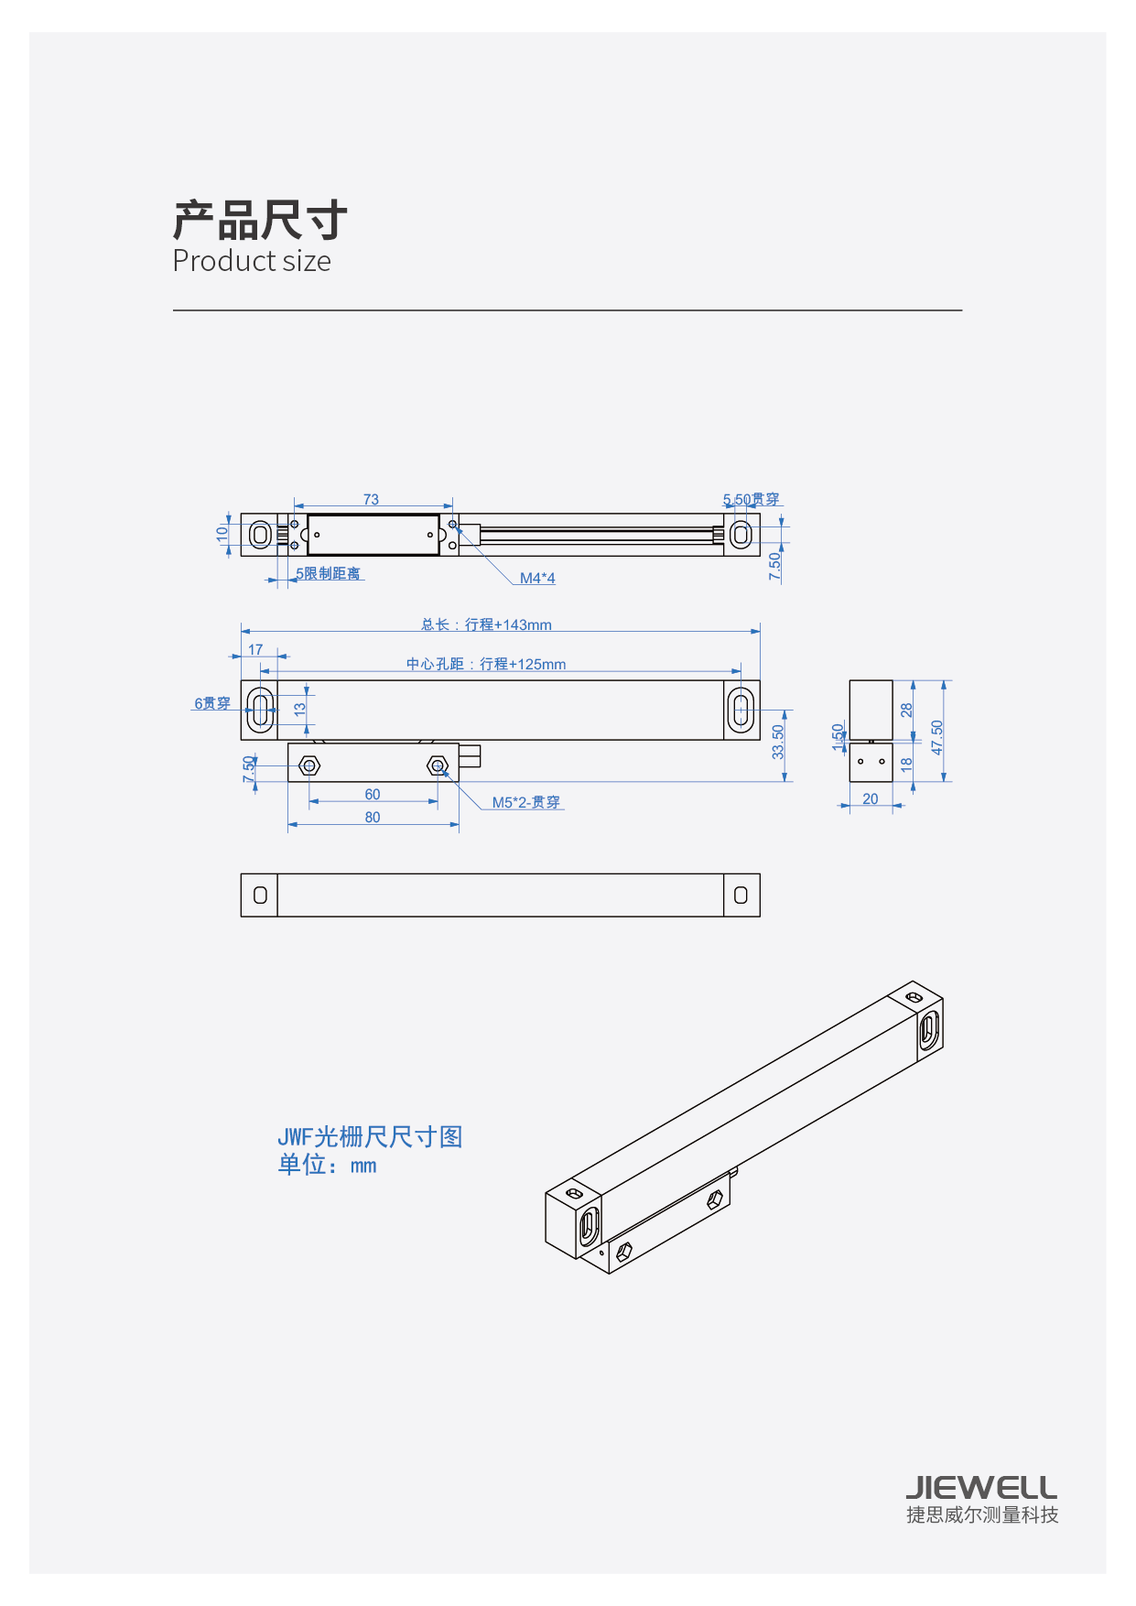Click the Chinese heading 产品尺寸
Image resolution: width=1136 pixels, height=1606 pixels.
tap(260, 220)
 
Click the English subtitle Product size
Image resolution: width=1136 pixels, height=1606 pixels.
tap(252, 261)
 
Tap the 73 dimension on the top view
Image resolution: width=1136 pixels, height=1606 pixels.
tap(371, 499)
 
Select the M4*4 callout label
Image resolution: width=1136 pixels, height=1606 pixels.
tap(537, 578)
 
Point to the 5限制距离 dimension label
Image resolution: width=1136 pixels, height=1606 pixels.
tap(328, 573)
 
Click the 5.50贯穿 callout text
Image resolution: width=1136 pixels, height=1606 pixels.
tap(751, 499)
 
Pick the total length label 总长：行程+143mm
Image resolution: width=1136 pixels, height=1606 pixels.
tap(486, 624)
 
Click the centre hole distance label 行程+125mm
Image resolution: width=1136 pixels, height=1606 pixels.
tap(486, 664)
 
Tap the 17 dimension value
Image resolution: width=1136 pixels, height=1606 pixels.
tap(255, 649)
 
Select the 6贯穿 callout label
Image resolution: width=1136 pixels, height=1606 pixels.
tap(211, 703)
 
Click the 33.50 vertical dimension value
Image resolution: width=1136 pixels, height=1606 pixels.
tap(778, 742)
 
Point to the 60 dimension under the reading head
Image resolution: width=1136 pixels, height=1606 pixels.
tap(373, 794)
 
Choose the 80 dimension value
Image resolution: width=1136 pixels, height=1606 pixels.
tap(373, 817)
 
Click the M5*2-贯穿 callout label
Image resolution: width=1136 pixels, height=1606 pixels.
tap(525, 802)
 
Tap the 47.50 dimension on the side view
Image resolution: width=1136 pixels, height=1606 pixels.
tap(936, 737)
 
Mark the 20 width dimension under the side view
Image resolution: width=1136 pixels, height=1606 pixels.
tap(871, 798)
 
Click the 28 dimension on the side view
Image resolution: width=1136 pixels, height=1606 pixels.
tap(906, 710)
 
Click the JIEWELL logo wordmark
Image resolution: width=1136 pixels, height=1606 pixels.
tap(981, 1486)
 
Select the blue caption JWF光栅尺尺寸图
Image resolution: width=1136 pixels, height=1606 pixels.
tap(370, 1136)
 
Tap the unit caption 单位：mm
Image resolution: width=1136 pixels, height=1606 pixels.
tap(327, 1165)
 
